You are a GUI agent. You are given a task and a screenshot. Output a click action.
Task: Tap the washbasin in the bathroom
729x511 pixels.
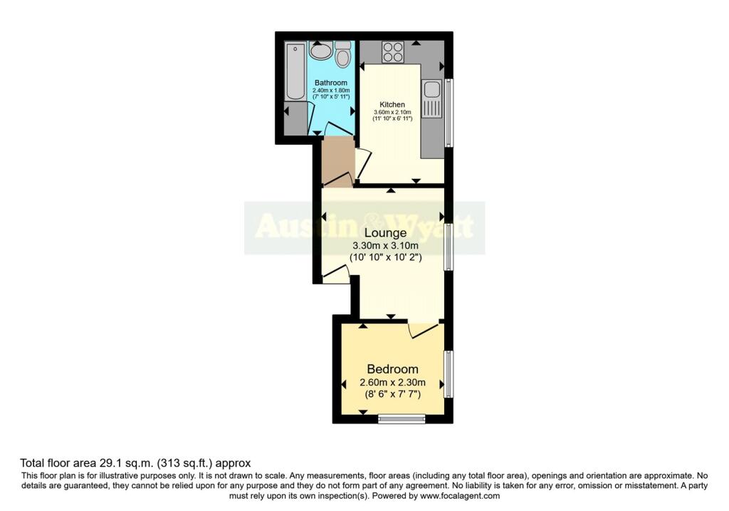tap(321, 51)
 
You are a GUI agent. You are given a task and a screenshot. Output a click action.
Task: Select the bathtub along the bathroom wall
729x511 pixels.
tap(293, 71)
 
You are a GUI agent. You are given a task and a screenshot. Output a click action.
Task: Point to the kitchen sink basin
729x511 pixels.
tap(431, 90)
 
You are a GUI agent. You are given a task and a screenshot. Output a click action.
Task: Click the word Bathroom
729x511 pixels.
tap(331, 83)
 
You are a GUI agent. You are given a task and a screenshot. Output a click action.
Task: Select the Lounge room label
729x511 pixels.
tap(385, 232)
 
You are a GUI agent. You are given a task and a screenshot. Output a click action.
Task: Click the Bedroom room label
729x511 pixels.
tap(392, 369)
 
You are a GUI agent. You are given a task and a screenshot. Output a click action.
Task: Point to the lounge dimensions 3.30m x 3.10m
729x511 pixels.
tap(385, 246)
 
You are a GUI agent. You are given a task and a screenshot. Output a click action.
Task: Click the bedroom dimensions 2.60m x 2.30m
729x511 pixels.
tap(392, 383)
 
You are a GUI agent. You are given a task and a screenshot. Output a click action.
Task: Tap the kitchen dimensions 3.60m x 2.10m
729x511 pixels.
tap(392, 112)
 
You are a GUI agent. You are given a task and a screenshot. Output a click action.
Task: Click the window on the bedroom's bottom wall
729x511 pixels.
tap(402, 420)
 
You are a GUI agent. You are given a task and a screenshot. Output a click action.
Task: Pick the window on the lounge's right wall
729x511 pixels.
tap(448, 246)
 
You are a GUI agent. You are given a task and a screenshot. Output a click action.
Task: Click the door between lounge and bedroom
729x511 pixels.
tap(425, 329)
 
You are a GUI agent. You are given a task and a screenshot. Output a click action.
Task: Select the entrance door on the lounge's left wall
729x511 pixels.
tap(335, 274)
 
